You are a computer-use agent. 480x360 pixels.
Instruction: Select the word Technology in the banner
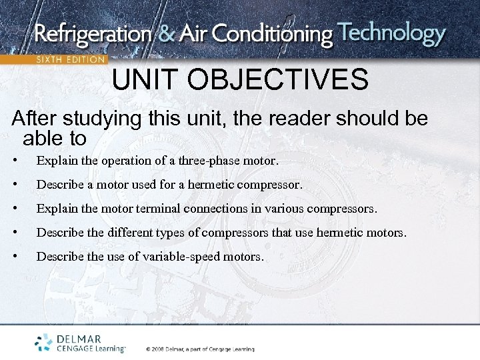391,33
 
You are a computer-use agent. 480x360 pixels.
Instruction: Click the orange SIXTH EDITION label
69,59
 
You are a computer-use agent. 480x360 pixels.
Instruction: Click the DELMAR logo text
80,339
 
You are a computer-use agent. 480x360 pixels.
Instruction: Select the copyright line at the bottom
200,349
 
